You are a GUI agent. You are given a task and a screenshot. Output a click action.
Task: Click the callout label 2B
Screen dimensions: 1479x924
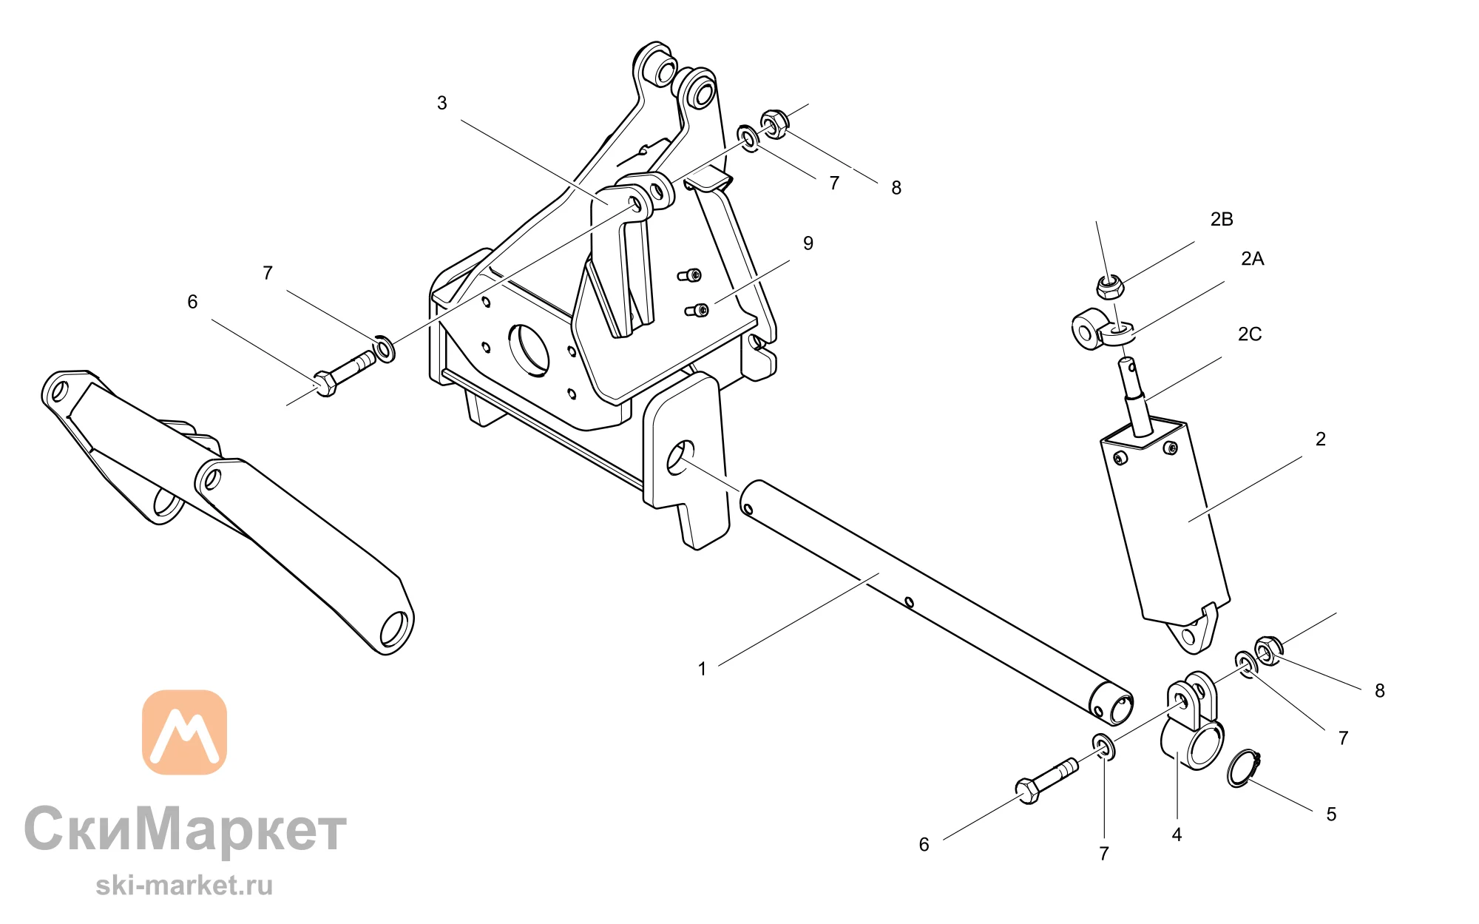1222,219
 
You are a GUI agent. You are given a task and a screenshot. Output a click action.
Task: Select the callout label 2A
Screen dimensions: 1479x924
1253,258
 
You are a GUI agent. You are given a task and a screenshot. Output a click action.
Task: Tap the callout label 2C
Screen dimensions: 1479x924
1250,334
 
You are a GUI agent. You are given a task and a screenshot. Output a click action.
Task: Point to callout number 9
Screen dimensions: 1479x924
808,243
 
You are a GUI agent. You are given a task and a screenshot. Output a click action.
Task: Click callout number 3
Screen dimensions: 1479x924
442,103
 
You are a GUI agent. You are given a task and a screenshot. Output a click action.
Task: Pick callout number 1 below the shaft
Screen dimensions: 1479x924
702,669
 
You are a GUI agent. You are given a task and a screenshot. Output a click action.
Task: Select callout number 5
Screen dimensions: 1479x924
1331,815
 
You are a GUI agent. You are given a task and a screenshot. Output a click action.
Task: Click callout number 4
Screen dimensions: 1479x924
1177,834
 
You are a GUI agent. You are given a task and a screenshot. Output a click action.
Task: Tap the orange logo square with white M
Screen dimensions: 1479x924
184,732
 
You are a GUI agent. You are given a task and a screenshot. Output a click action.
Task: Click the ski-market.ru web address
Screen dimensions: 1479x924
184,885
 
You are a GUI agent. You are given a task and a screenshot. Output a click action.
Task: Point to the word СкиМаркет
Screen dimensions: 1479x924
185,829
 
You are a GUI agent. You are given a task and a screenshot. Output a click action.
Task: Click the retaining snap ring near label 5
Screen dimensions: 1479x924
1243,768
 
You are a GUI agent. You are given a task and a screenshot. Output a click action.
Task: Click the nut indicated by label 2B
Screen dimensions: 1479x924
1109,286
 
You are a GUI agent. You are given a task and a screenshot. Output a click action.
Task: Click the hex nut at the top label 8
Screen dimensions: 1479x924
774,124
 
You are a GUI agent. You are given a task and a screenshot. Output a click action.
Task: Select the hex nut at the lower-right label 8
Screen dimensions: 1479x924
1268,650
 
